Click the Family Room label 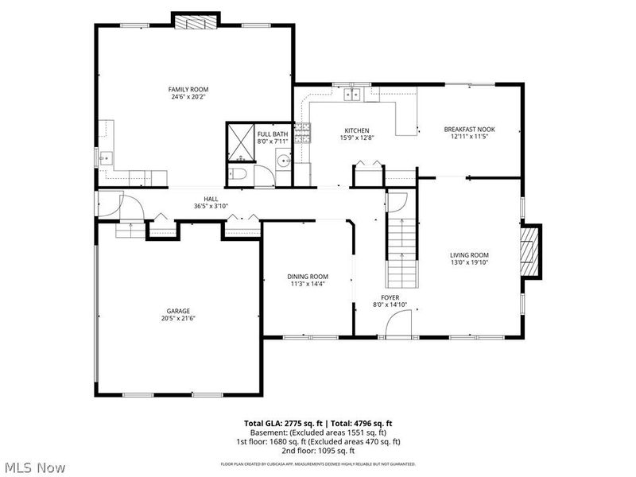188,89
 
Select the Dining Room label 308,277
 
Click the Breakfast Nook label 469,129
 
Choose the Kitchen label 356,130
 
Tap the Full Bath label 273,134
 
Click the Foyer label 390,297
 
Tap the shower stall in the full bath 239,142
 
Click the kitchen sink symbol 351,95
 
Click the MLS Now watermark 35,467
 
